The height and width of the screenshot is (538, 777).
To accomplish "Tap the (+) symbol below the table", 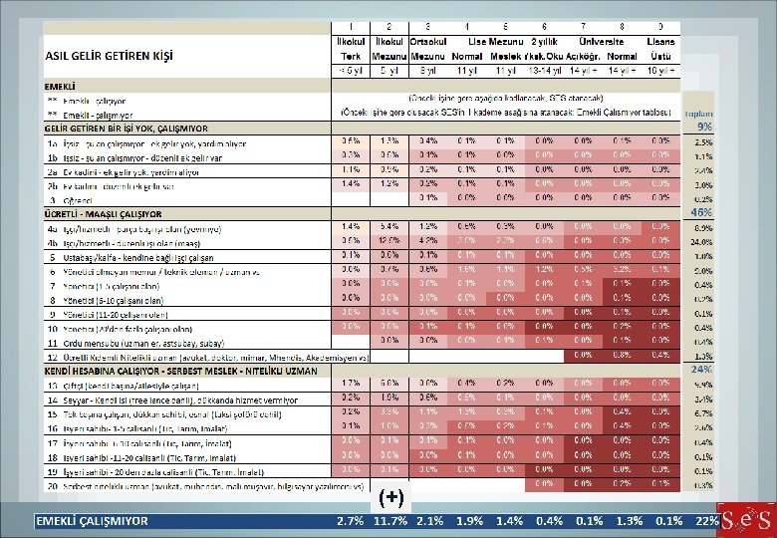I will [x=390, y=496].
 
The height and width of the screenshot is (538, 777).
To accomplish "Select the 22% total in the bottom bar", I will [x=707, y=521].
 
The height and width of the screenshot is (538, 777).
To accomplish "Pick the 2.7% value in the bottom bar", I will [x=350, y=521].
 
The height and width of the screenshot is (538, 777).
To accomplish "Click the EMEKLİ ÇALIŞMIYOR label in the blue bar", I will [x=93, y=521].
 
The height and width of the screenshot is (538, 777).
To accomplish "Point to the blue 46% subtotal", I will [x=701, y=213].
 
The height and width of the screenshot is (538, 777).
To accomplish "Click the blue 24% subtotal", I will [x=701, y=370].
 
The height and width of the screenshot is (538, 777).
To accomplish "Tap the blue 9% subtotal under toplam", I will [x=703, y=128].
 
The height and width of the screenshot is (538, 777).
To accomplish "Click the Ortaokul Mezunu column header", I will [x=427, y=49].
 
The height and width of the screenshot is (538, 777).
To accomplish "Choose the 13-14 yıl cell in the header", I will [x=546, y=71].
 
